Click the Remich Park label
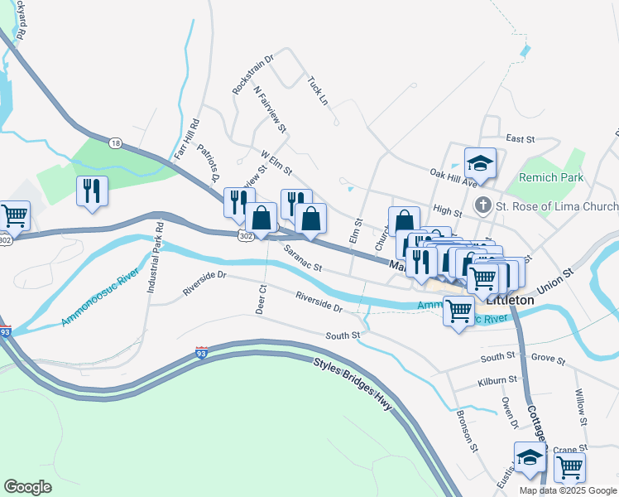[x=551, y=177]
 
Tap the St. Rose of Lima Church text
[x=556, y=206]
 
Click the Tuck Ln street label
[x=318, y=90]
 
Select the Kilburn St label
[x=497, y=380]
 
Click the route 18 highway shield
[x=114, y=143]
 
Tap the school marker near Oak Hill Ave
[x=480, y=162]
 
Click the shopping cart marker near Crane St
[x=569, y=467]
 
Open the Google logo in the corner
[x=28, y=487]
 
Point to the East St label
[x=521, y=139]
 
